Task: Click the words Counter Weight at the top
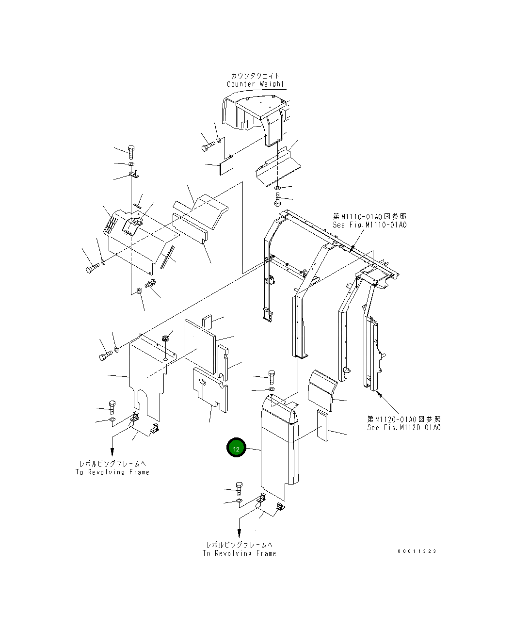click(x=255, y=84)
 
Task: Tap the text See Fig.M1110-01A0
click(x=369, y=225)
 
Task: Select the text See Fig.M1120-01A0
click(x=404, y=427)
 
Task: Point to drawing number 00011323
click(x=417, y=551)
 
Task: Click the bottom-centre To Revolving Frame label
click(x=240, y=553)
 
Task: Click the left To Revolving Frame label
click(x=112, y=472)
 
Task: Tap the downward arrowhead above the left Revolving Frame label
click(x=112, y=452)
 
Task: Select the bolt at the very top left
click(x=131, y=151)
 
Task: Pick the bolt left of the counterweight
click(x=207, y=145)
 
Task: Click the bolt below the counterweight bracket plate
click(x=277, y=198)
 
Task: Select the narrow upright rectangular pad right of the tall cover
click(x=322, y=426)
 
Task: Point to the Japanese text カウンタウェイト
click(x=255, y=76)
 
